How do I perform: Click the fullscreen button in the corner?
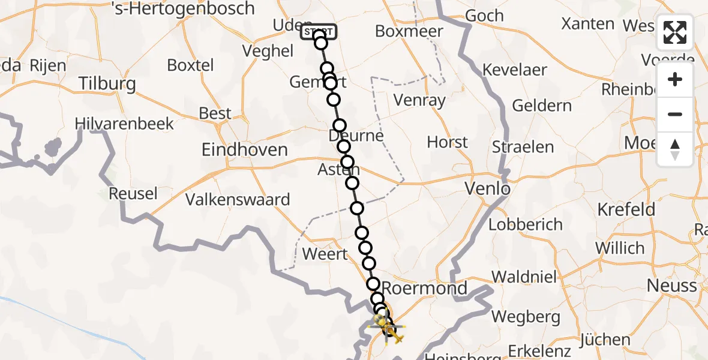point(675,32)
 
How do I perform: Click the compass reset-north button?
point(675,149)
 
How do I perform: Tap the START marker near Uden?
point(319,31)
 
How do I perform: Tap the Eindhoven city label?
point(245,149)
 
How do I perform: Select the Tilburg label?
point(107,83)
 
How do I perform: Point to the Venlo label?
point(488,190)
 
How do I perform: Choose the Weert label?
point(325,254)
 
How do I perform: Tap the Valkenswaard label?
point(238,199)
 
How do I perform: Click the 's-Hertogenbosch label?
point(184,9)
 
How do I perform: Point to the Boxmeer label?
point(409,31)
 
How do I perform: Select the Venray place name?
point(421,100)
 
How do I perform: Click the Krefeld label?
point(626,209)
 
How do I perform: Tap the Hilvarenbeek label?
point(124,124)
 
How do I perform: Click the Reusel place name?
point(133,194)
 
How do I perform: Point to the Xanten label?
point(587,24)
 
